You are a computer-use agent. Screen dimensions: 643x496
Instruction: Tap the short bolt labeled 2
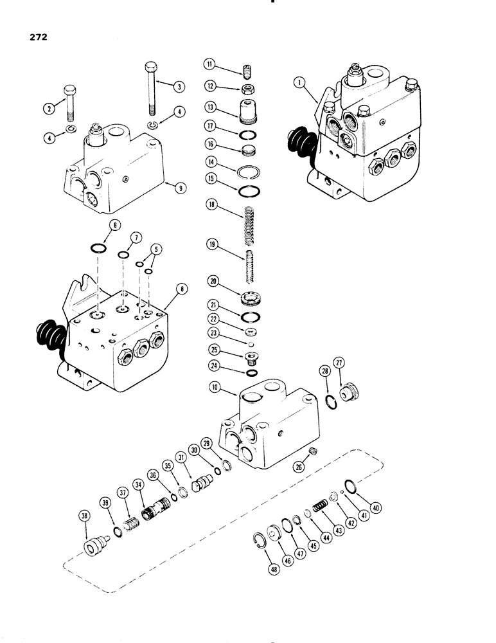(x=69, y=104)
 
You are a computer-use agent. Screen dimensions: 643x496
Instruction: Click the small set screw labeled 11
(x=247, y=68)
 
